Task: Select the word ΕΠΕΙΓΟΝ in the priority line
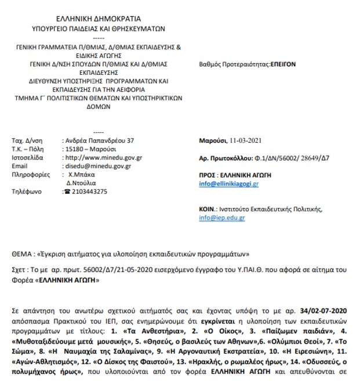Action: click(x=282, y=64)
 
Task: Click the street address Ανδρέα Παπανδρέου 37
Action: click(x=101, y=140)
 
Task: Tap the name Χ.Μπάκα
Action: click(x=83, y=174)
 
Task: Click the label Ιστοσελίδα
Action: click(x=28, y=157)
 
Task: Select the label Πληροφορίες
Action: click(x=30, y=174)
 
